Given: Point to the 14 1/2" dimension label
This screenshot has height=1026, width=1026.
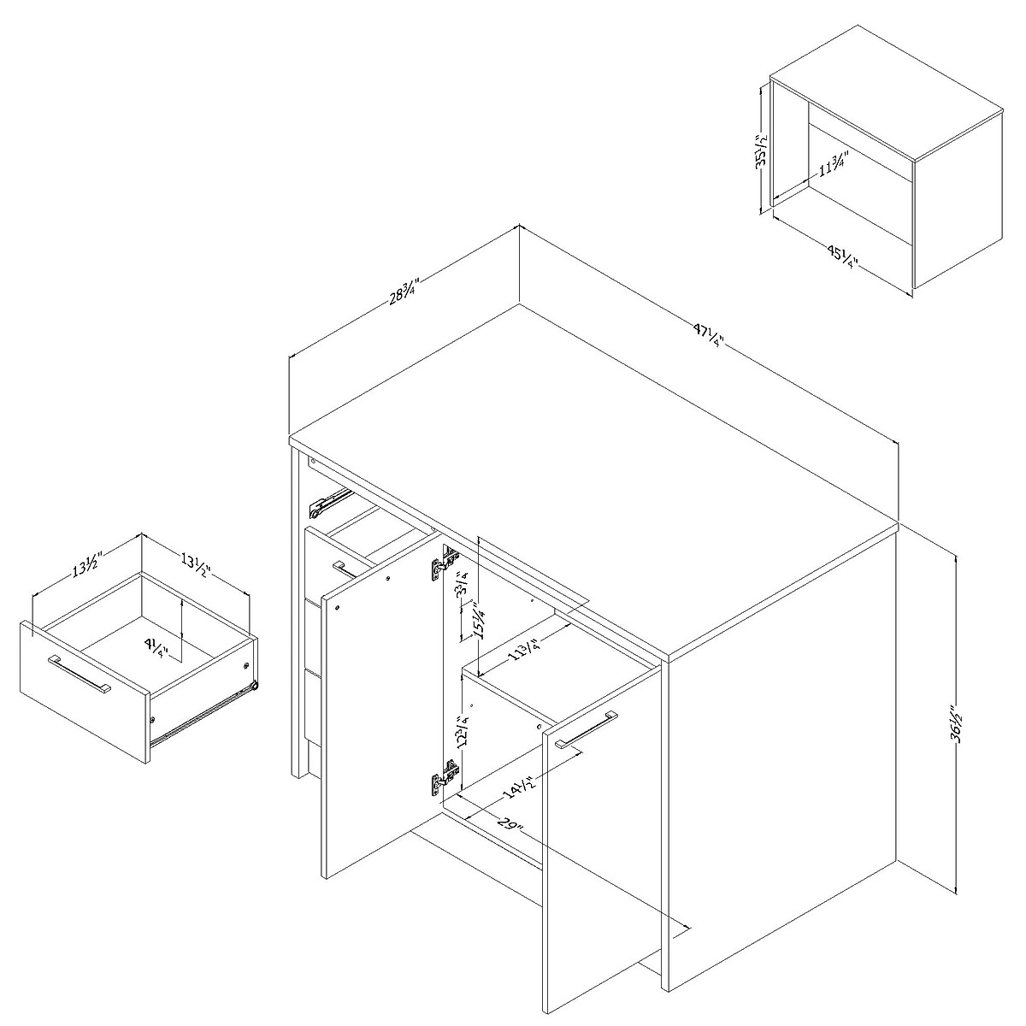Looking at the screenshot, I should pyautogui.click(x=513, y=781).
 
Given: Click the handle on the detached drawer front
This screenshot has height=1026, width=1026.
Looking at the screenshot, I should pyautogui.click(x=80, y=675).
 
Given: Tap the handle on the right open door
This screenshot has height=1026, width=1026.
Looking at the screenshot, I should pyautogui.click(x=587, y=729).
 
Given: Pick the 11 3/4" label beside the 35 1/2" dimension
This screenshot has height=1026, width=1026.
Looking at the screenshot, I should pyautogui.click(x=831, y=163).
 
